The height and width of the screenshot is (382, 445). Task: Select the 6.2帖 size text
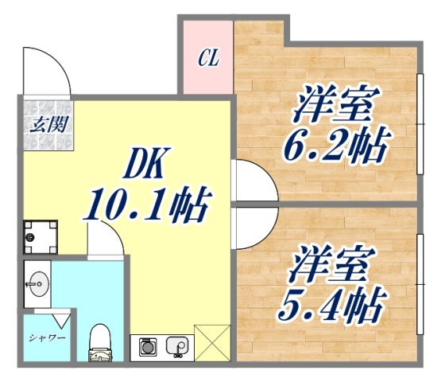(x=336, y=146)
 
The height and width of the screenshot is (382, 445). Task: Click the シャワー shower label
(x=46, y=337)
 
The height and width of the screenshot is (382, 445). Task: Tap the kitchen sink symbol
(x=176, y=346)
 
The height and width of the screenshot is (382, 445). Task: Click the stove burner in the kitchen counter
(x=148, y=346)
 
